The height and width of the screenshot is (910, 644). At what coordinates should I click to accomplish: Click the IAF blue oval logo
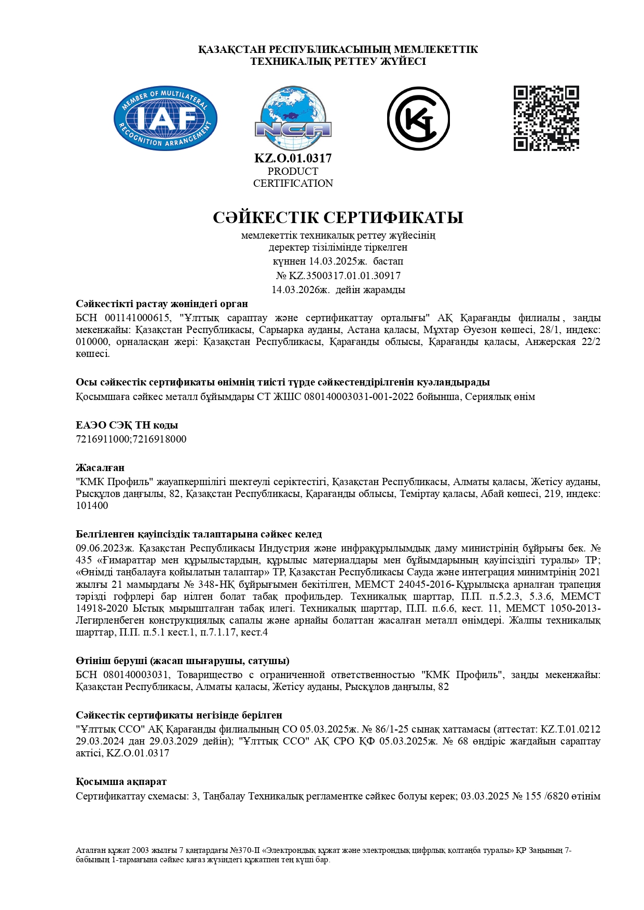coord(165,118)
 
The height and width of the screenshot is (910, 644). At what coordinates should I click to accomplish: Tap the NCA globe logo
coord(293,118)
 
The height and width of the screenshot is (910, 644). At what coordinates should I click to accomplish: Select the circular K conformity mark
coord(418,119)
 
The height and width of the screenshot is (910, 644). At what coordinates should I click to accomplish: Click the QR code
coord(546,118)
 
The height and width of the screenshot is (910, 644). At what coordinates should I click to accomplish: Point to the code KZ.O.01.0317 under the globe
coord(293,158)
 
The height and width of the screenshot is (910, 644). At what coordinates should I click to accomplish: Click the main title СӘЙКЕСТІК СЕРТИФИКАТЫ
coord(338,217)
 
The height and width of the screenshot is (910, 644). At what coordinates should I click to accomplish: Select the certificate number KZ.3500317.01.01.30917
coord(345,275)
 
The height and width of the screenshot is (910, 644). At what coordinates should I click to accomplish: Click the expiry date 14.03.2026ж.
coord(300,289)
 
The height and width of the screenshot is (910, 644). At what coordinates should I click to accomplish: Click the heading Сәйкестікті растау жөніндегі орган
coord(162,304)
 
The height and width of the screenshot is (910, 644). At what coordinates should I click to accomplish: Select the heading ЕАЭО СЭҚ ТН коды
coord(127,425)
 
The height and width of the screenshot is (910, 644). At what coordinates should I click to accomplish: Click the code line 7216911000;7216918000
coord(131,439)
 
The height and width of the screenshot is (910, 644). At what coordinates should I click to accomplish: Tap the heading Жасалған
coord(100,467)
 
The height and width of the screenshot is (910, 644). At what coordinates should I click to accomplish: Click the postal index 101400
coord(92,505)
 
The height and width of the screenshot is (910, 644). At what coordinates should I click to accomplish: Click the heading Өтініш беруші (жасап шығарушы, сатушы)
coord(183,660)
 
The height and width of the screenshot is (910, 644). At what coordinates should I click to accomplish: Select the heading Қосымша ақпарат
coord(121,781)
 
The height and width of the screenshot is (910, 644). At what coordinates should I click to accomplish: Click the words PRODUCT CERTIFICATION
coord(293,177)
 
